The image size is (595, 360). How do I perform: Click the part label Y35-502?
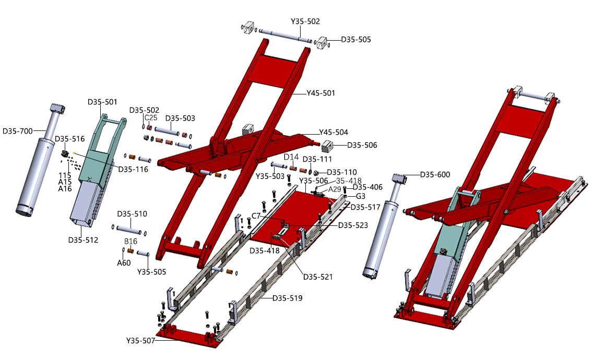[305, 21]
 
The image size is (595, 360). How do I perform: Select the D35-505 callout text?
[356, 40]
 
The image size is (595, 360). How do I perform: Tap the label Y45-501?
[321, 93]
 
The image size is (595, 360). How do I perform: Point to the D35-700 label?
[17, 131]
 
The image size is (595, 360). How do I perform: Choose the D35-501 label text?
[102, 102]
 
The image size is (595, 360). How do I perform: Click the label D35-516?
[70, 139]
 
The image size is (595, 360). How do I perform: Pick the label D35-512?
[83, 240]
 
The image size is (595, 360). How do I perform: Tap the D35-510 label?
[132, 213]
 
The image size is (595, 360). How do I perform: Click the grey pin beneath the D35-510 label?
[129, 229]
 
